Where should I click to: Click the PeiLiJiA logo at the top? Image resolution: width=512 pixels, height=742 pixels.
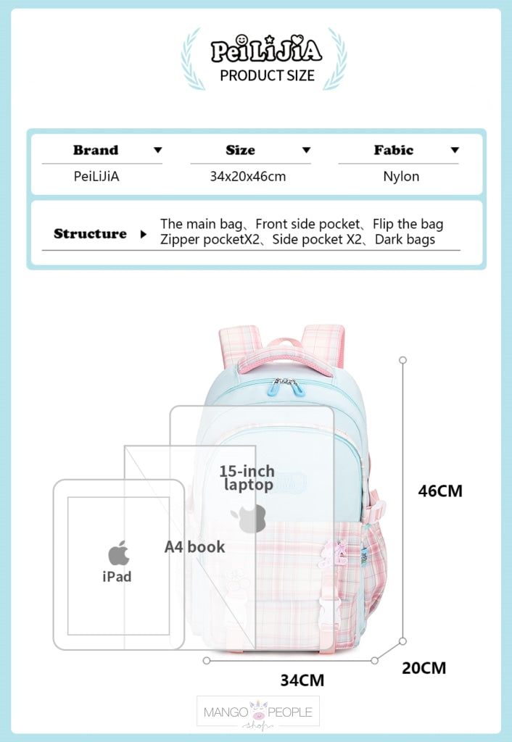pyautogui.click(x=265, y=50)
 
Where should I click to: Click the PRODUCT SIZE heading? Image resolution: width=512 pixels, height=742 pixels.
pyautogui.click(x=267, y=75)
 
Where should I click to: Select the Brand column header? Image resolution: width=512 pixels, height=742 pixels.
pyautogui.click(x=95, y=151)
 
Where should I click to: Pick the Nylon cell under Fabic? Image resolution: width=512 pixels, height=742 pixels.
pyautogui.click(x=401, y=176)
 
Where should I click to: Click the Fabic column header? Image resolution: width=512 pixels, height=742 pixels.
pyautogui.click(x=394, y=151)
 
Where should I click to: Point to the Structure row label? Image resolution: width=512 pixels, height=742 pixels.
pyautogui.click(x=90, y=234)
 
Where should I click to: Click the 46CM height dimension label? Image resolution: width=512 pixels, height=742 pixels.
pyautogui.click(x=439, y=491)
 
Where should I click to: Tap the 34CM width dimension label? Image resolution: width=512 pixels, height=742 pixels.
pyautogui.click(x=302, y=680)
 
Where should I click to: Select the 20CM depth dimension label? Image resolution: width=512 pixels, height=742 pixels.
pyautogui.click(x=424, y=667)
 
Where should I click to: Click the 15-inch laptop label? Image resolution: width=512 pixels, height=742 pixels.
pyautogui.click(x=247, y=478)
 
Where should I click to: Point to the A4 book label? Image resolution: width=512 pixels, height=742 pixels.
pyautogui.click(x=194, y=547)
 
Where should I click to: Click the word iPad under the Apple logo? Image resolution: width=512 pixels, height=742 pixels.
pyautogui.click(x=117, y=577)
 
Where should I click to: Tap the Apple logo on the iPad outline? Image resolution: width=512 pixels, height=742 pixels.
pyautogui.click(x=118, y=554)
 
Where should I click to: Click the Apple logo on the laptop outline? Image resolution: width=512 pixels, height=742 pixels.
pyautogui.click(x=249, y=518)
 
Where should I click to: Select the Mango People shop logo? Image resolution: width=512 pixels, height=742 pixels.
pyautogui.click(x=257, y=712)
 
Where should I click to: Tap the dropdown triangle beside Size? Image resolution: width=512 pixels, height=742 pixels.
pyautogui.click(x=306, y=151)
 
